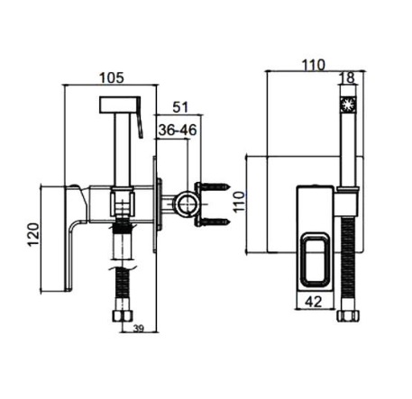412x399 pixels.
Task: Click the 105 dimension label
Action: pyautogui.click(x=111, y=77)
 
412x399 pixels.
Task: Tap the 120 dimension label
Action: pyautogui.click(x=33, y=234)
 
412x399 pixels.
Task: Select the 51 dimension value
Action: pyautogui.click(x=180, y=107)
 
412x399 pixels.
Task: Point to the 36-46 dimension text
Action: pyautogui.click(x=178, y=130)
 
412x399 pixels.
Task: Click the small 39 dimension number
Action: pyautogui.click(x=139, y=329)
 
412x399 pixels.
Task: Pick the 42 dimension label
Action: pyautogui.click(x=314, y=301)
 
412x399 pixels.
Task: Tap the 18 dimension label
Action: pyautogui.click(x=348, y=77)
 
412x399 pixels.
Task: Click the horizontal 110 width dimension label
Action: pyautogui.click(x=314, y=65)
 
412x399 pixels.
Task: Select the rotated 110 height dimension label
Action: pyautogui.click(x=240, y=202)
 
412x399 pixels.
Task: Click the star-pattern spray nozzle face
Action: pyautogui.click(x=348, y=104)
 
